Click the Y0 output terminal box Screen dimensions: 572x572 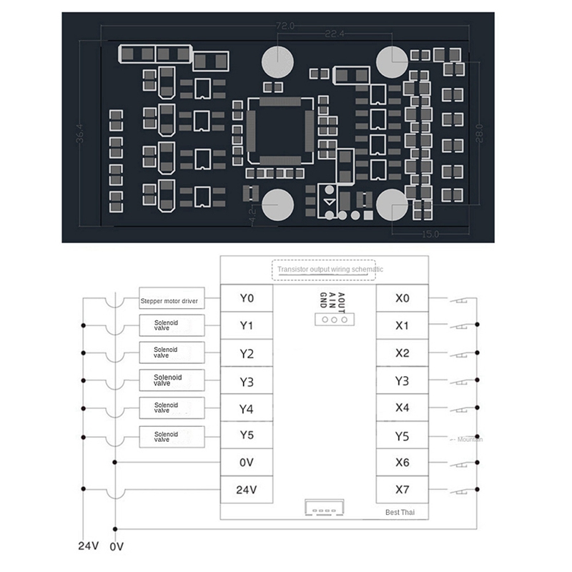click(247, 298)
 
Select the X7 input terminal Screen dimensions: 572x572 click(403, 490)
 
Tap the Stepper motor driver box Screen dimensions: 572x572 click(171, 300)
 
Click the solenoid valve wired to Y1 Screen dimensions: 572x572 click(171, 326)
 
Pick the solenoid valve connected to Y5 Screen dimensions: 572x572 click(171, 436)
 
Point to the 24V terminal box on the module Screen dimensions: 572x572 click(247, 490)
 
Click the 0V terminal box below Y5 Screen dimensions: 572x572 click(247, 463)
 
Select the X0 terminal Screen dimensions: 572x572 click(403, 298)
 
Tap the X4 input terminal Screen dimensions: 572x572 click(403, 408)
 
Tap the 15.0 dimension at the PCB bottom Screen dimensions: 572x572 click(429, 234)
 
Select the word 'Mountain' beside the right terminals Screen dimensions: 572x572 click(469, 439)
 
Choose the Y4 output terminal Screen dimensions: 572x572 click(247, 408)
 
